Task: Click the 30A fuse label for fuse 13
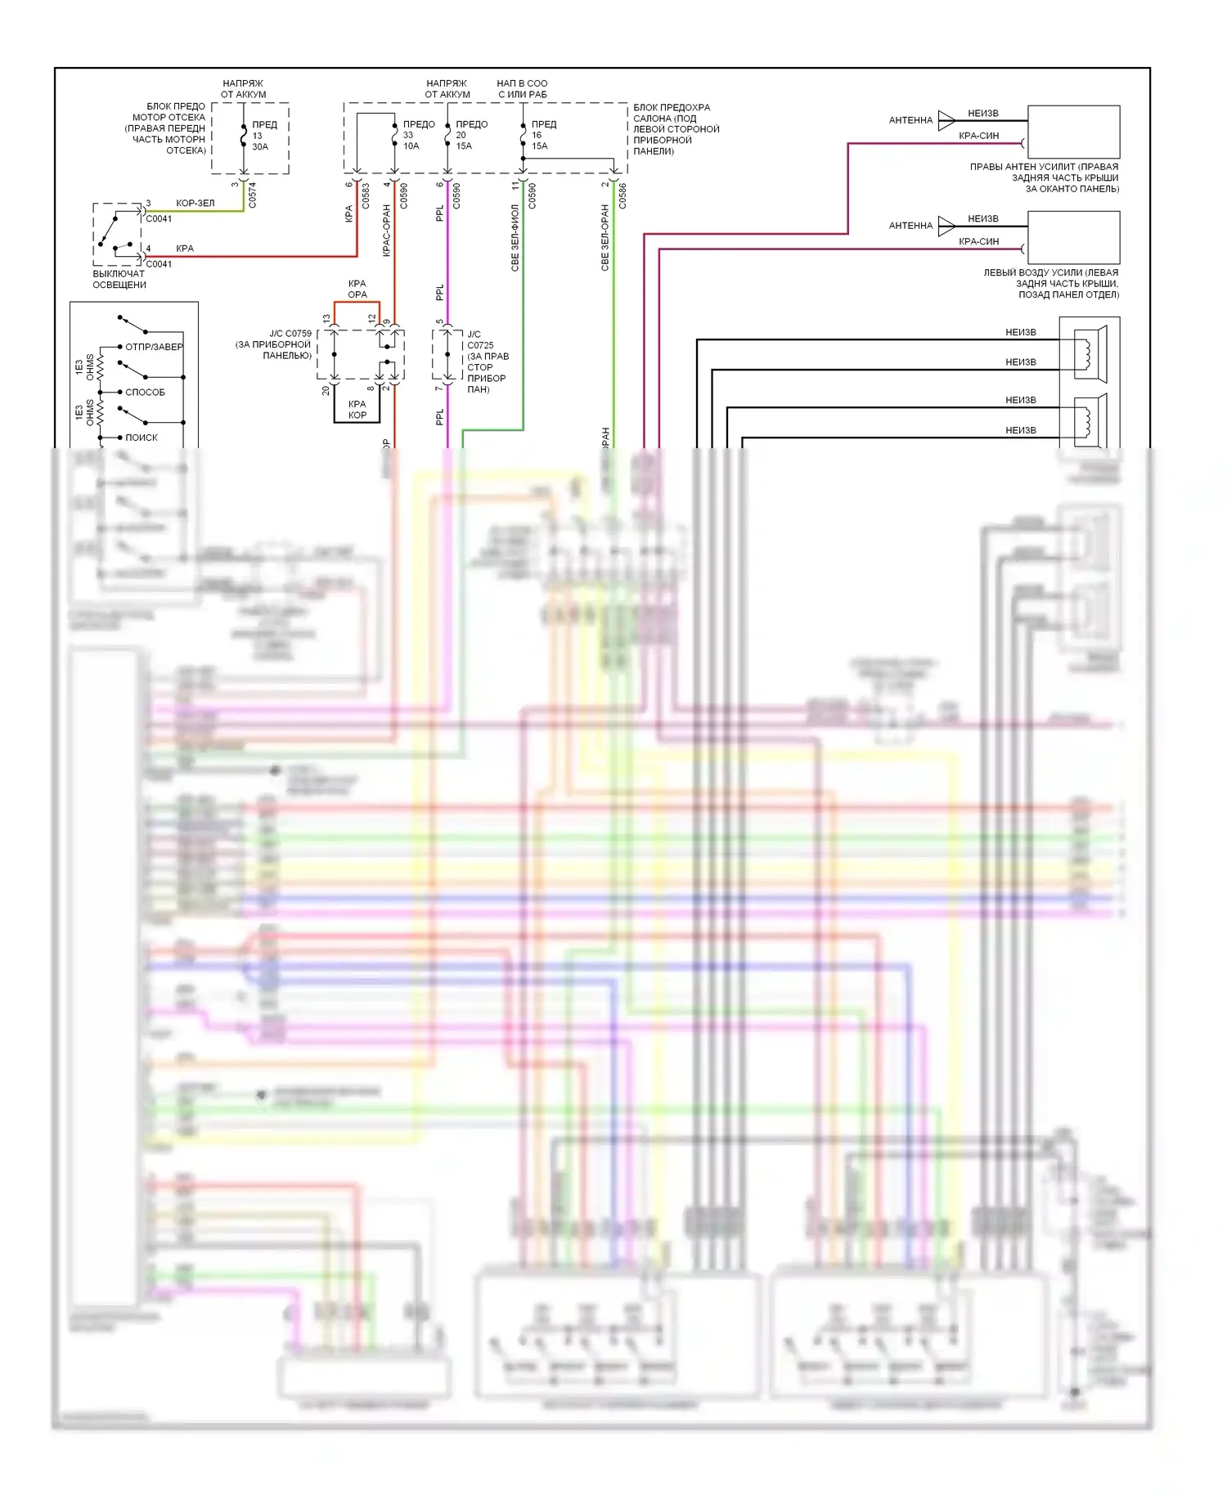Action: coord(259,147)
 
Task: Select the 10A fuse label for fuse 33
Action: coord(411,146)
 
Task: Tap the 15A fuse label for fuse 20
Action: coord(464,146)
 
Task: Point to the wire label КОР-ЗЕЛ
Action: coord(195,203)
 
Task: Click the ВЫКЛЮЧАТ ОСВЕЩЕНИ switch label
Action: coord(119,280)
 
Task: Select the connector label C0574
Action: coord(252,195)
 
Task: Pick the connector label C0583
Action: coord(366,195)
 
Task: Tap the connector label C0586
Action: coord(622,195)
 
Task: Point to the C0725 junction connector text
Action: coord(480,345)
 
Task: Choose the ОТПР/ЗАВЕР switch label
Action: coord(154,347)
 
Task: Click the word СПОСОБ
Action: coord(145,393)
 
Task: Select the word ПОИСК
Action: coord(142,438)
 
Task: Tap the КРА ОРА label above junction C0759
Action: coord(357,289)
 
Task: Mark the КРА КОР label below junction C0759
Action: coord(357,410)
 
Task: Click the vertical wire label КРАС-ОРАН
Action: coord(386,231)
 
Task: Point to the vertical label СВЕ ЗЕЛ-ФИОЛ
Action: coord(515,237)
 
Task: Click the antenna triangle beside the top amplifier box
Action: coord(946,120)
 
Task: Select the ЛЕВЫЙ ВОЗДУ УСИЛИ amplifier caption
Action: coord(1051,283)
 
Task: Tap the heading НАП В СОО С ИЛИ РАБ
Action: coord(522,88)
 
